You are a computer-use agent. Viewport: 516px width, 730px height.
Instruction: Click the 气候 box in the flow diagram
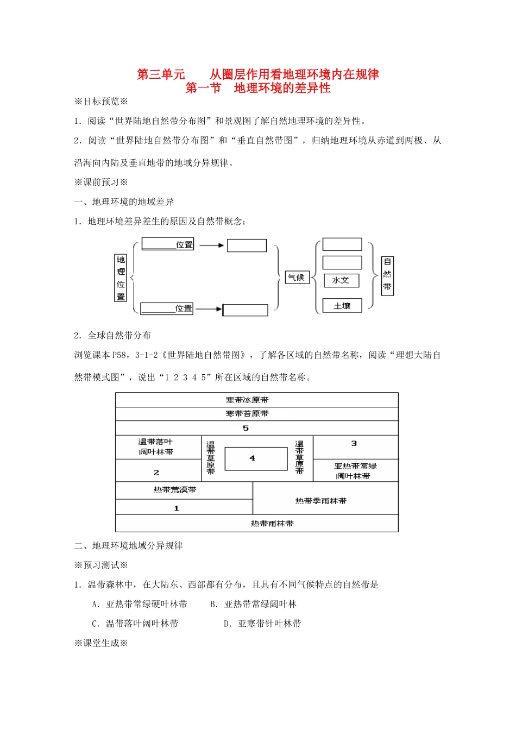coord(297,278)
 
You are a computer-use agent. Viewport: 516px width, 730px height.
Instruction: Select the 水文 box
coord(341,280)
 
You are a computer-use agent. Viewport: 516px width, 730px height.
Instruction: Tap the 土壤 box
coord(342,306)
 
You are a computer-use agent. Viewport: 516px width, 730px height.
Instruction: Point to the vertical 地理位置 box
coord(121,278)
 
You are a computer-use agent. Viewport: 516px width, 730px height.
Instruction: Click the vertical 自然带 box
coord(387,275)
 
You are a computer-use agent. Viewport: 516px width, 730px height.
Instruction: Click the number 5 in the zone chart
coord(246,429)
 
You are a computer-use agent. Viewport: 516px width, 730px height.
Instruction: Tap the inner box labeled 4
coord(255,458)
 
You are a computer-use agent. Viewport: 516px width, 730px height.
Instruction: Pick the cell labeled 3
coord(354,444)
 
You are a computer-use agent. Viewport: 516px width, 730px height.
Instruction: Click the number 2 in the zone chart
coord(156,473)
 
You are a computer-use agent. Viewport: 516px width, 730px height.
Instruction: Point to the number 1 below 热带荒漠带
coord(177,508)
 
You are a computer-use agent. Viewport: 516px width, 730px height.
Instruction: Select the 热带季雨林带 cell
coord(321,501)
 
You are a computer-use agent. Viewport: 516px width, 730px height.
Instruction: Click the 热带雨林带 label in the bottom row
coord(272,524)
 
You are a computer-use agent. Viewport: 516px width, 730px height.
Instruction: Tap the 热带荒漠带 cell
coord(175,490)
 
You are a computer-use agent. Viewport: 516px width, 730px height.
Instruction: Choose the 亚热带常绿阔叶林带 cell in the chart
coord(355,471)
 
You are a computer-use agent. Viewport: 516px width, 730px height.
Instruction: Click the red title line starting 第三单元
coord(258,74)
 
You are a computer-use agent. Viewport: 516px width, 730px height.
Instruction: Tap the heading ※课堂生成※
coord(101,643)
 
